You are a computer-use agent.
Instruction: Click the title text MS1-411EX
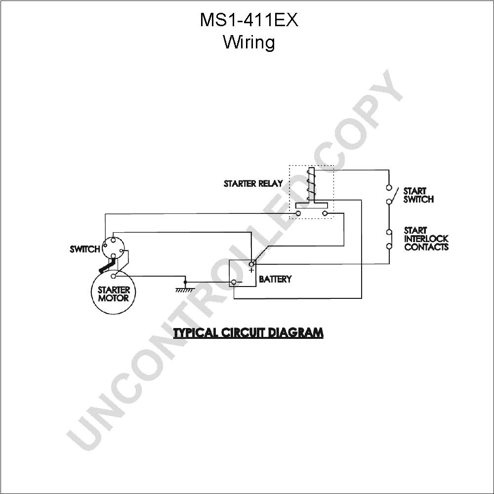tap(249, 20)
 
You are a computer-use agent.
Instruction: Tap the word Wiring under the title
tap(249, 42)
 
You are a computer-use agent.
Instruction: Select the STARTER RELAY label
tap(253, 183)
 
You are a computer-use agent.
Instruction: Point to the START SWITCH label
tap(418, 195)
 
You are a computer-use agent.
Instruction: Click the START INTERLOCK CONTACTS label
tap(426, 239)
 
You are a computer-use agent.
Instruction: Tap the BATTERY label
tap(275, 279)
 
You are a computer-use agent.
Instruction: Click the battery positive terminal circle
tap(252, 264)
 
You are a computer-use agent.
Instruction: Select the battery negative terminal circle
tap(234, 282)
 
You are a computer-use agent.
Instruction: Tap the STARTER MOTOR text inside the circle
tap(114, 294)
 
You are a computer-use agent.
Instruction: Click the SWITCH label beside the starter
tap(85, 249)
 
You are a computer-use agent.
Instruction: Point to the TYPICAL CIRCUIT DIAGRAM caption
tap(248, 332)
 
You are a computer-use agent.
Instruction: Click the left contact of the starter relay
tap(298, 213)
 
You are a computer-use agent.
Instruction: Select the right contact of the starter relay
tap(325, 213)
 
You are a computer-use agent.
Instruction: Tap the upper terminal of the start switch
tap(389, 188)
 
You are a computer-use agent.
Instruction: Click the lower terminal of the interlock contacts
tap(389, 246)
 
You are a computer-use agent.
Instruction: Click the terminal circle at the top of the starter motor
tap(114, 276)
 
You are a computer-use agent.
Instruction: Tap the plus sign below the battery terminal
tap(251, 270)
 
